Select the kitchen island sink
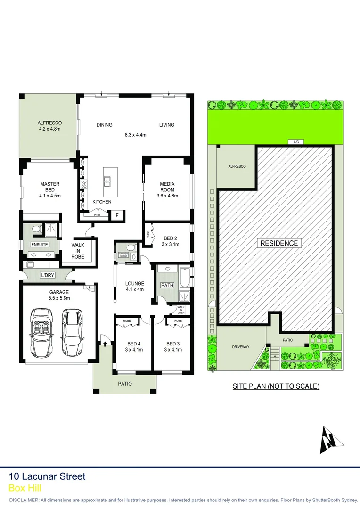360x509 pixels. (107, 180)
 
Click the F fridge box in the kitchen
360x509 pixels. (117, 215)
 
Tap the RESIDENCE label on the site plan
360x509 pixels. (278, 243)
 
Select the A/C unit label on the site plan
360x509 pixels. (296, 141)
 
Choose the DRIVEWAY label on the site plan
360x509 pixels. (240, 347)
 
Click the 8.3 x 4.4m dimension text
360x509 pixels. (135, 135)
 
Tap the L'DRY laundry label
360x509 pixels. (47, 274)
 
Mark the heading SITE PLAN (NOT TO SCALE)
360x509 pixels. (276, 386)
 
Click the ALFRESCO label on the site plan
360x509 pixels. (237, 166)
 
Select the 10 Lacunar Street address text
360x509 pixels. (47, 476)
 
